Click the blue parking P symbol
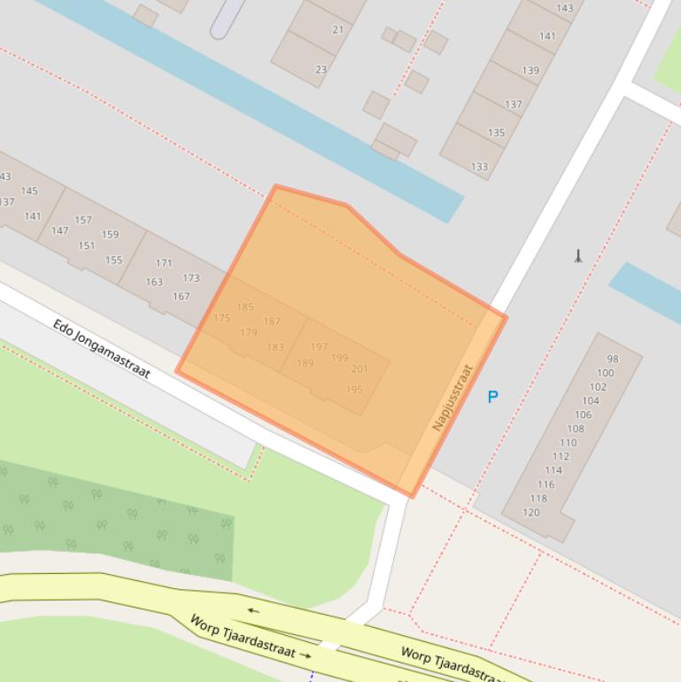(x=492, y=397)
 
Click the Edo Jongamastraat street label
(x=101, y=349)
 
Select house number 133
(x=479, y=167)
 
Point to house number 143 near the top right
(x=564, y=9)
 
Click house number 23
(x=321, y=69)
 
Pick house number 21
(x=337, y=29)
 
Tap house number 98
(x=612, y=359)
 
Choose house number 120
(x=530, y=512)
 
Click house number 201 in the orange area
(x=360, y=369)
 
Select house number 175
(x=221, y=318)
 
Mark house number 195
(x=354, y=390)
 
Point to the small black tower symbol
(x=578, y=257)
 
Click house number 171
(x=164, y=263)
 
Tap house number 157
(x=83, y=220)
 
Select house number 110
(x=568, y=443)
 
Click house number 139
(x=530, y=71)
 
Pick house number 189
(x=305, y=363)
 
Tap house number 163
(x=154, y=282)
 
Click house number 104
(x=590, y=400)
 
